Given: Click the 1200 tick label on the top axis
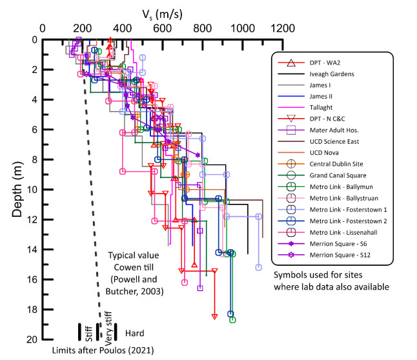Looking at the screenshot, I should pyautogui.click(x=282, y=28).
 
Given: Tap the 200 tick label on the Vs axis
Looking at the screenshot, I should pyautogui.click(x=83, y=28).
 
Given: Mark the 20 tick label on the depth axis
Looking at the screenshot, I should pyautogui.click(x=31, y=339).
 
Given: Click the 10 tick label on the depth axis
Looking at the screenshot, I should pyautogui.click(x=31, y=190).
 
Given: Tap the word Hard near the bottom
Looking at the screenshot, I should pyautogui.click(x=134, y=333).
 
